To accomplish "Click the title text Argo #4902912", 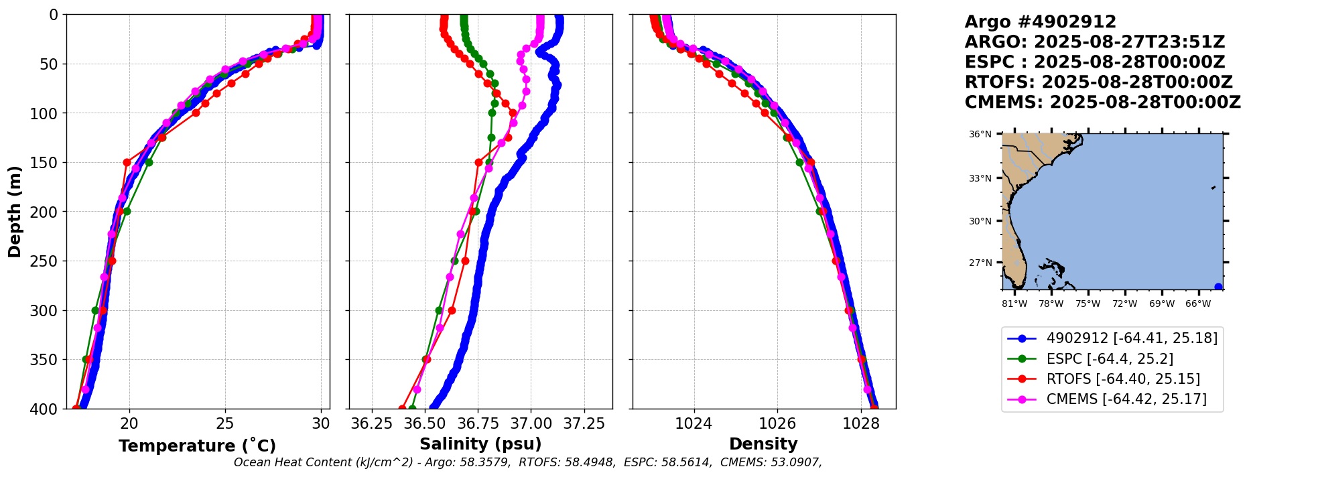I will pyautogui.click(x=1040, y=22).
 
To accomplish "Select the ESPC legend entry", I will pyautogui.click(x=1110, y=359).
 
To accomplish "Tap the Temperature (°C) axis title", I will pyautogui.click(x=197, y=446).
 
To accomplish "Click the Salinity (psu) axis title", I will pyautogui.click(x=480, y=444).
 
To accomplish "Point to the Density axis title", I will pyautogui.click(x=763, y=444).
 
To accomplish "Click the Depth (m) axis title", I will pyautogui.click(x=15, y=211).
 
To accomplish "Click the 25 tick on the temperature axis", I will pyautogui.click(x=225, y=423).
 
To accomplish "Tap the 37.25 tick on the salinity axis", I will pyautogui.click(x=584, y=423).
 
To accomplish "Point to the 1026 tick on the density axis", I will pyautogui.click(x=777, y=423).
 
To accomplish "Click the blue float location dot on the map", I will pyautogui.click(x=1218, y=287).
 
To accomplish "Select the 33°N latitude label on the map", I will pyautogui.click(x=980, y=178).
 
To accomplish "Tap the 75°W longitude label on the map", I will pyautogui.click(x=1088, y=304).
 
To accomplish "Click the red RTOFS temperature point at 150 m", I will pyautogui.click(x=127, y=162).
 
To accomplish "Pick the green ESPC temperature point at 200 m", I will pyautogui.click(x=127, y=212).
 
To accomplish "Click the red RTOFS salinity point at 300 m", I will pyautogui.click(x=452, y=310).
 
